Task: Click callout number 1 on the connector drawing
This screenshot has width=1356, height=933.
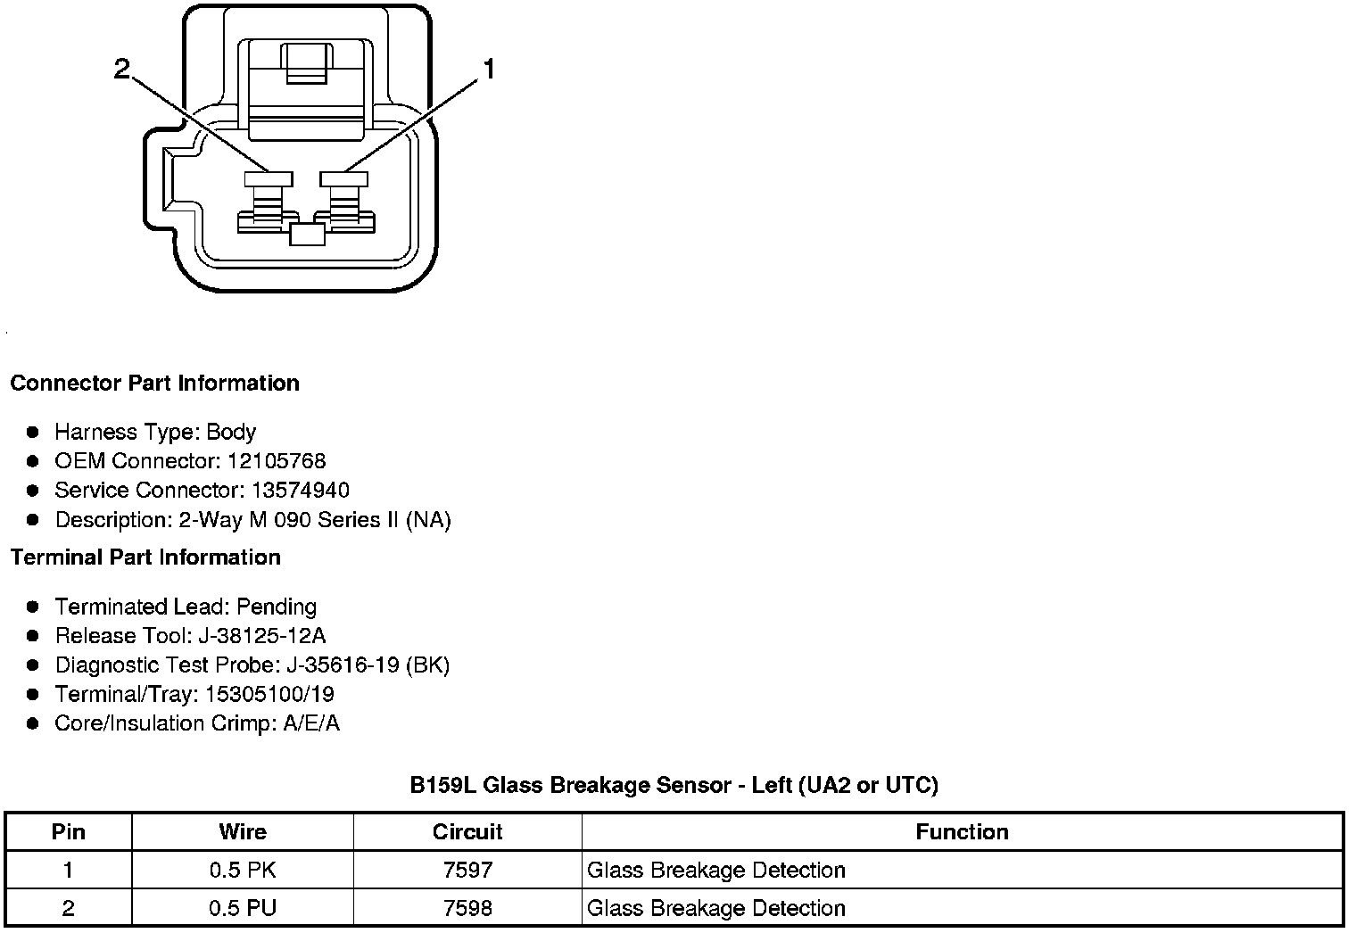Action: (489, 70)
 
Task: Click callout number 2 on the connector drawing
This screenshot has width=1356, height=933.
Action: (122, 69)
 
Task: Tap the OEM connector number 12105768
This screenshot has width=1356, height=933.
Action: (277, 461)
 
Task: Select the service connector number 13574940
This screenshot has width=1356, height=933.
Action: (301, 491)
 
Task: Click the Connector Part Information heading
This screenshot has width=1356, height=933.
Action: (154, 384)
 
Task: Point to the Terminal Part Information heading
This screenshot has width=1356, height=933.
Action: (145, 557)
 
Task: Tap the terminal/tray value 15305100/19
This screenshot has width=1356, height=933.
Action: (270, 695)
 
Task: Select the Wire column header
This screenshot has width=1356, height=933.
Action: (243, 832)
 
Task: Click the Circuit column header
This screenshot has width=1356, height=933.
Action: (467, 832)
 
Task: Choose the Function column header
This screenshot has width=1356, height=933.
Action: (962, 832)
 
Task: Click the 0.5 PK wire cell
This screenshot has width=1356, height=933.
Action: (243, 871)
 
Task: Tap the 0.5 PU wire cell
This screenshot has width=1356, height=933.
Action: (243, 909)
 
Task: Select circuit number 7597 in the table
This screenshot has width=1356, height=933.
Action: (467, 871)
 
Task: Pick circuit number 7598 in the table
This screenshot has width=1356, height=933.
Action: (467, 909)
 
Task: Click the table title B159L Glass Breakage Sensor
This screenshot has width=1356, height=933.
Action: (674, 786)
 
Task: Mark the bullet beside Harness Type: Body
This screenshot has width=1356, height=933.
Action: (33, 433)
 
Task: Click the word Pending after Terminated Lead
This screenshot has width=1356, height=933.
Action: (277, 607)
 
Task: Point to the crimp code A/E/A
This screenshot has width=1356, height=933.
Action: (311, 723)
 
